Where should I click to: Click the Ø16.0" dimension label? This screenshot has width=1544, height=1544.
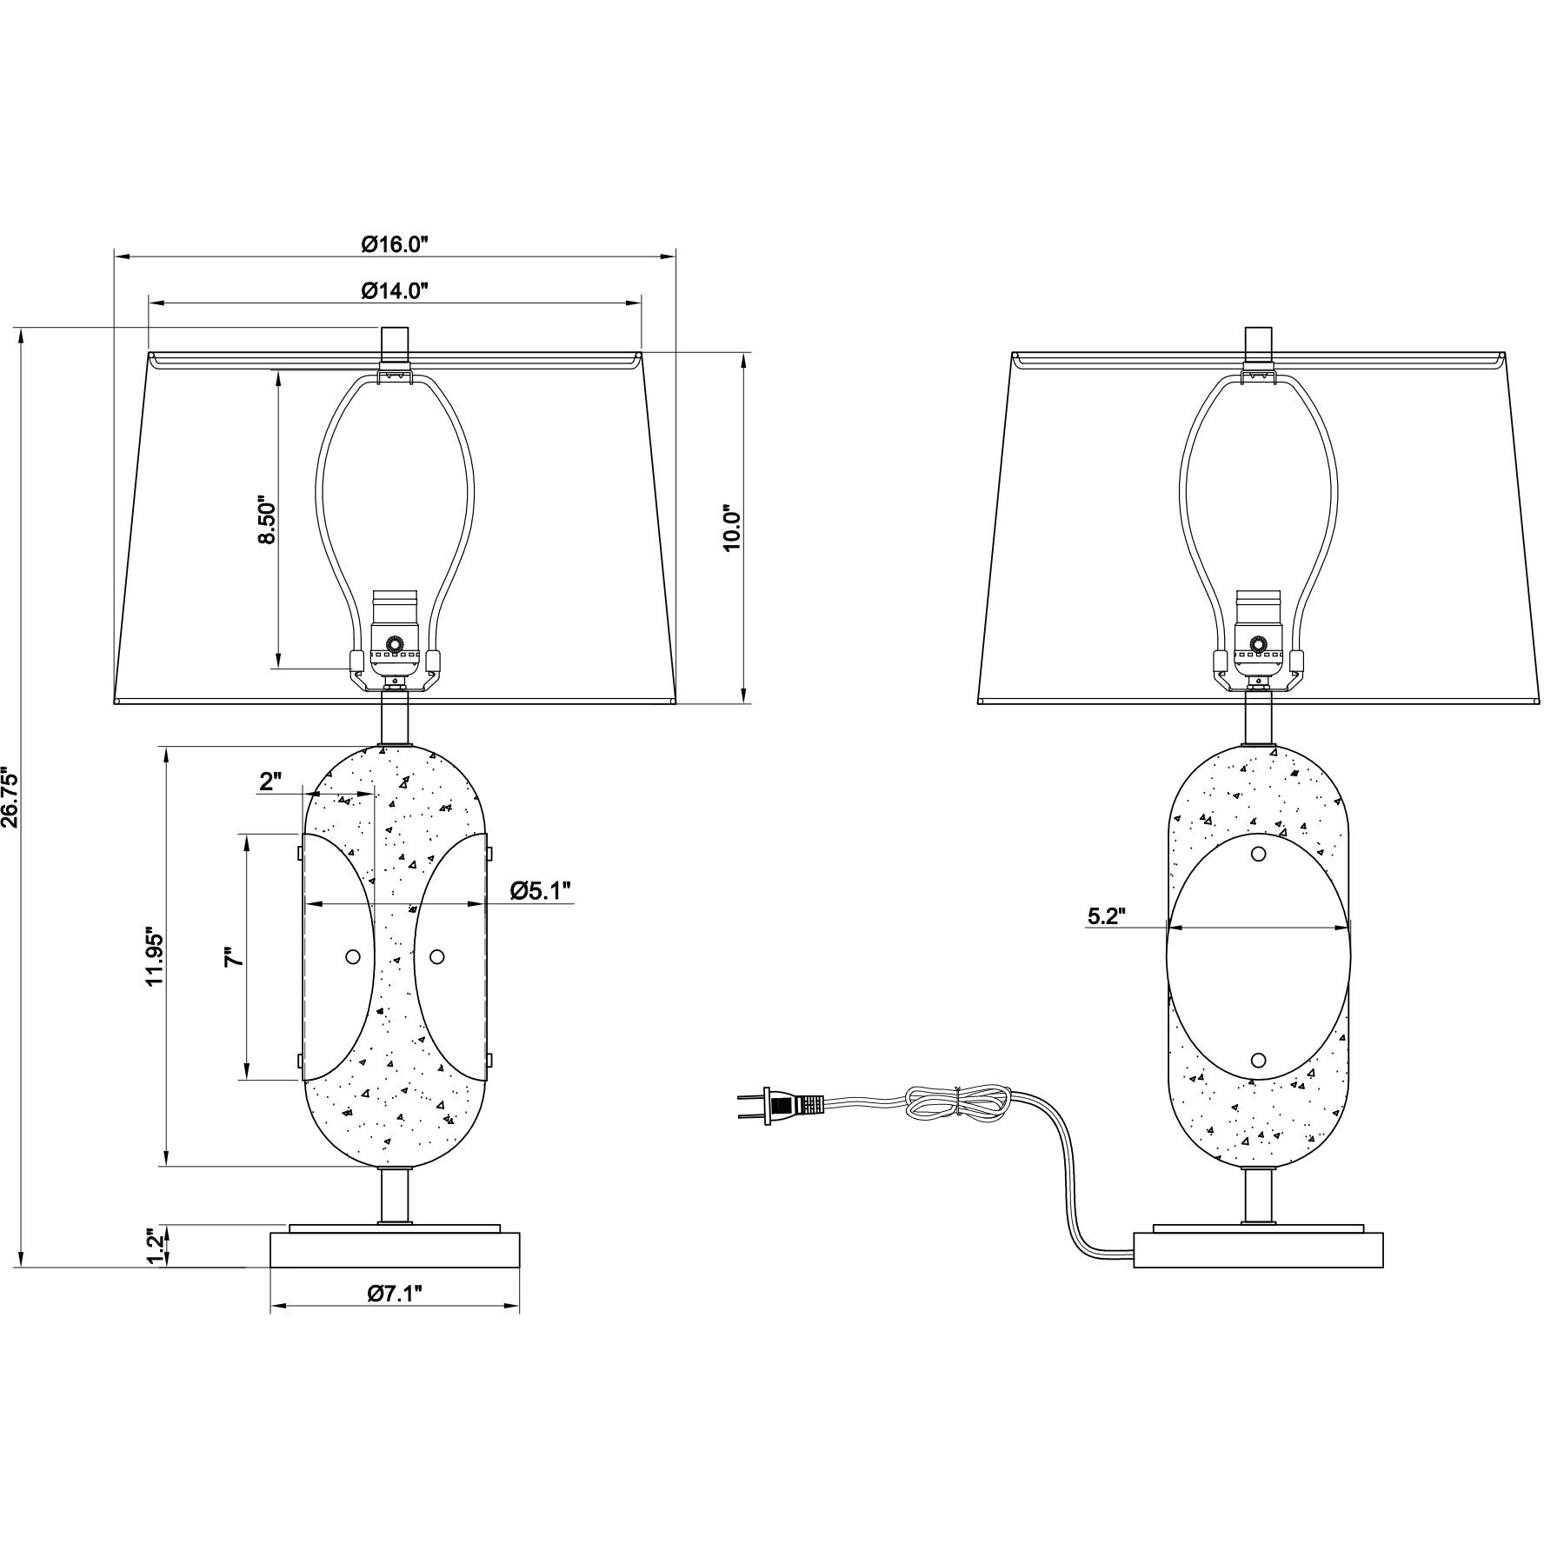pyautogui.click(x=396, y=244)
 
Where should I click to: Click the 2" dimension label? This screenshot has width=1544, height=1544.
pyautogui.click(x=271, y=781)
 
